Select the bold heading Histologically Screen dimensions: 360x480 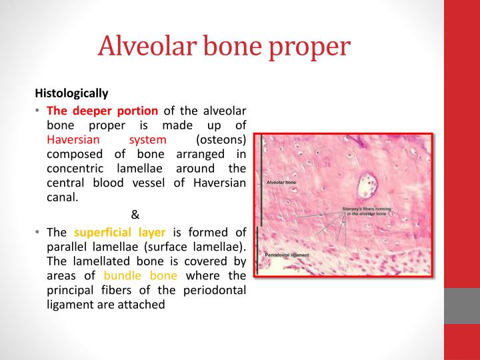coord(71,93)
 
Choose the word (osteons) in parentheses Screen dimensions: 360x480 coord(221,140)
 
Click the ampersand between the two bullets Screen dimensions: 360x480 coord(135,215)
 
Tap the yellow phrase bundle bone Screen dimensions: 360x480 coord(141,276)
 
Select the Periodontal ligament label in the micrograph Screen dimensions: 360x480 coord(287,255)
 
